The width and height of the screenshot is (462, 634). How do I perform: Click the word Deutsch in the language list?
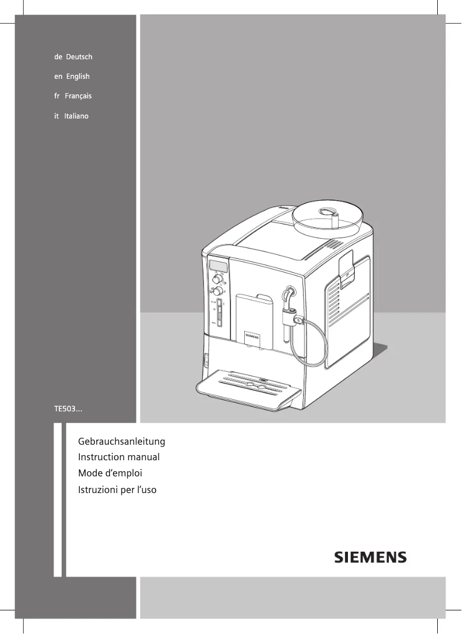(79, 57)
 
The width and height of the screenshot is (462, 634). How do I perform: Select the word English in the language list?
(78, 77)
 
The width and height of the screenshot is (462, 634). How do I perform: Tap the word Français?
(78, 96)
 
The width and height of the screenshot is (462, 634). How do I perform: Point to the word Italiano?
(76, 116)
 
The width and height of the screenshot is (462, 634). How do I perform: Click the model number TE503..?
(67, 409)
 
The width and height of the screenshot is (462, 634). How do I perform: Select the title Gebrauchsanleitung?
(121, 442)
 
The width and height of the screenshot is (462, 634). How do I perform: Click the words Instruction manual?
(118, 457)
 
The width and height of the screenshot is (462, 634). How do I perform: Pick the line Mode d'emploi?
(109, 473)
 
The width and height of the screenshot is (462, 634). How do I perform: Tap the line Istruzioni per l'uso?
(117, 490)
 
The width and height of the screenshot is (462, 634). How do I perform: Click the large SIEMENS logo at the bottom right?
(370, 557)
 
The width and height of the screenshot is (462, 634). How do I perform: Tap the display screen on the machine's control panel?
(218, 265)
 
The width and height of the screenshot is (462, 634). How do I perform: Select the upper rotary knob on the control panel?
(218, 280)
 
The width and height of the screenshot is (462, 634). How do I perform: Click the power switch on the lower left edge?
(205, 361)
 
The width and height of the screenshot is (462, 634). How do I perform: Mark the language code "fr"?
(57, 96)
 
